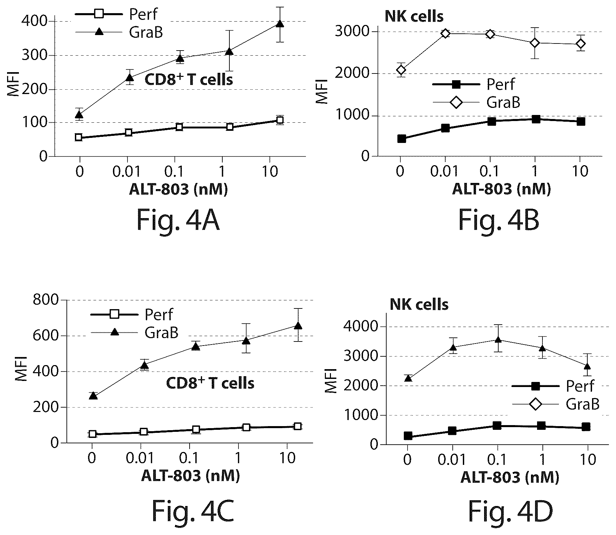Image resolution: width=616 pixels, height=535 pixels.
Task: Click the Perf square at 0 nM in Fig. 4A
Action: click(x=79, y=137)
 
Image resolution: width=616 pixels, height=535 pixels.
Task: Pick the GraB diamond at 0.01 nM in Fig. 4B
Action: click(x=445, y=33)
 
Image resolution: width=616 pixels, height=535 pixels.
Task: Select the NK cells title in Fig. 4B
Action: click(x=414, y=16)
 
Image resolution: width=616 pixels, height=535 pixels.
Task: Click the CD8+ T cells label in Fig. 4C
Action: click(x=210, y=383)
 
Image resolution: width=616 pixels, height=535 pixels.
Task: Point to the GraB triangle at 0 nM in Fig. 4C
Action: click(x=93, y=396)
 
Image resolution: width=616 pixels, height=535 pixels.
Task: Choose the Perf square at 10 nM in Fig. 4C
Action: click(x=298, y=426)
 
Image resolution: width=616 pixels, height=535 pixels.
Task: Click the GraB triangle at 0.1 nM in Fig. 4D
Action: click(x=498, y=340)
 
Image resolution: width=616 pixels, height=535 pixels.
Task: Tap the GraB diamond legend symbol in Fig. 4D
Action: click(x=535, y=404)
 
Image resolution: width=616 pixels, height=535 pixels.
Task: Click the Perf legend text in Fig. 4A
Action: click(x=143, y=14)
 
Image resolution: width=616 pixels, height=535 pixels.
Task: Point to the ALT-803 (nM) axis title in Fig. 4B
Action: click(x=501, y=189)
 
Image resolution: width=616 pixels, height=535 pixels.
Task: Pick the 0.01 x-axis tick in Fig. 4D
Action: click(x=452, y=459)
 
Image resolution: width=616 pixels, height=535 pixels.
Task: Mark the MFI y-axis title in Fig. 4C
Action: click(x=21, y=370)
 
